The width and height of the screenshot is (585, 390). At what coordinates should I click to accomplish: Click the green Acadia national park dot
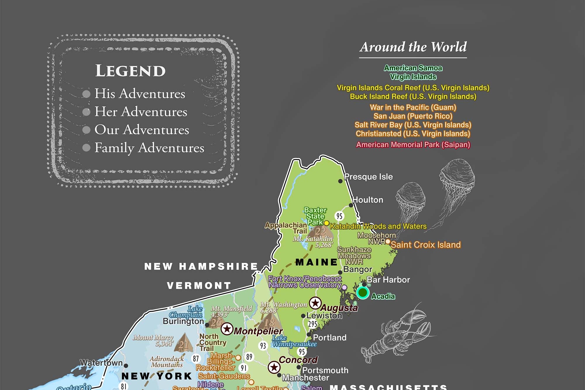[x=363, y=292]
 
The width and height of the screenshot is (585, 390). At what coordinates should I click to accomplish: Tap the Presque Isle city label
[x=368, y=177]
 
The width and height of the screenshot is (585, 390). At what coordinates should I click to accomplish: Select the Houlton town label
[x=368, y=200]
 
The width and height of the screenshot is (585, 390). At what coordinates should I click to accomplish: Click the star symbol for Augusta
[x=315, y=303]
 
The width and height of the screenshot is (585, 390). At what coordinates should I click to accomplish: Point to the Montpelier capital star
[x=227, y=329]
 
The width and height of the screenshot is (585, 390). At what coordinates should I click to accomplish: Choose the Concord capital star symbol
[x=274, y=367]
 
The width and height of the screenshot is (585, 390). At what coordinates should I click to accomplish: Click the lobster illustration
[x=398, y=336]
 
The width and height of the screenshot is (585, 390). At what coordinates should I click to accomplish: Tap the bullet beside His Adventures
[x=86, y=94]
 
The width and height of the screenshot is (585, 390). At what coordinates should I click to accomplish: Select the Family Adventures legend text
[x=149, y=148]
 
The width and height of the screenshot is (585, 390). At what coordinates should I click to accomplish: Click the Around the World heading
[x=413, y=47]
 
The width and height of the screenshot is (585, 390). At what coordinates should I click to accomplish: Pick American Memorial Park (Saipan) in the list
[x=413, y=145]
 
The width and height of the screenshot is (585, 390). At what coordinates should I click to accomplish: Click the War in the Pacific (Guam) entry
[x=413, y=107]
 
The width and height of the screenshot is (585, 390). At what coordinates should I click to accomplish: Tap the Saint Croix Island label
[x=426, y=245]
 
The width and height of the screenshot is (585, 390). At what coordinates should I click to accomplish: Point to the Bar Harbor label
[x=388, y=280]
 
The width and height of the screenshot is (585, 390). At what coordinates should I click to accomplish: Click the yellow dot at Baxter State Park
[x=326, y=223]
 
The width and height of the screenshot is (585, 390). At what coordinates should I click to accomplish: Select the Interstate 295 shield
[x=312, y=324]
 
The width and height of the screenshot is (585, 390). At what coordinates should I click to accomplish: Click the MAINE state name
[x=316, y=262]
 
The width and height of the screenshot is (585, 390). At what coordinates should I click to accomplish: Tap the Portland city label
[x=330, y=338]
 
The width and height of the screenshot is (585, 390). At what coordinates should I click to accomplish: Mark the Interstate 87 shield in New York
[x=196, y=358]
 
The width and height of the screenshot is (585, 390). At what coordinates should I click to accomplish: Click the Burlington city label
[x=183, y=321]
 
